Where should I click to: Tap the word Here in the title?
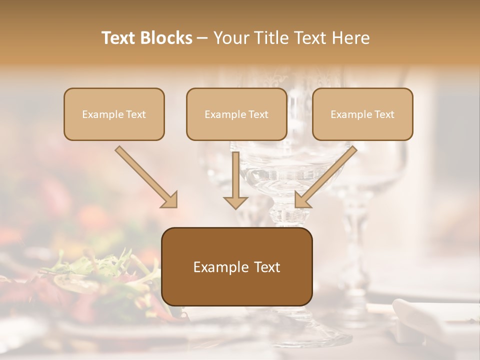coord(351,38)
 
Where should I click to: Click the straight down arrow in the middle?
coord(235,180)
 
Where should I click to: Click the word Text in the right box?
coord(384,114)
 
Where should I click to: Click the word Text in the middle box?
coord(258,114)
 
